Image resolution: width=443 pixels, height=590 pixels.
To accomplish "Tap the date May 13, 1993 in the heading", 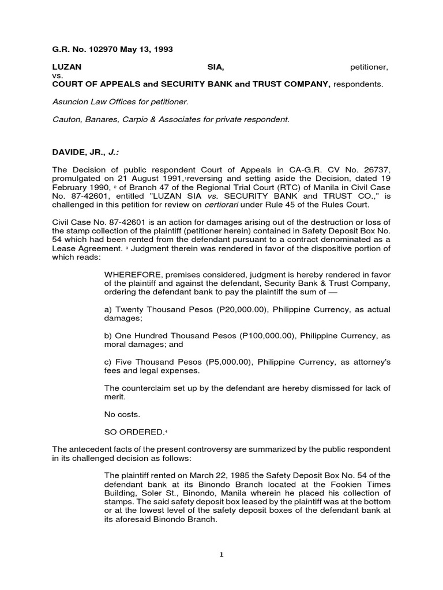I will coord(147,50).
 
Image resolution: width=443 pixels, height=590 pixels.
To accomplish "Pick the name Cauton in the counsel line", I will coord(66,119).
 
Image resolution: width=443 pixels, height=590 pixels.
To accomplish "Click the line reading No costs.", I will coord(122,414).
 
